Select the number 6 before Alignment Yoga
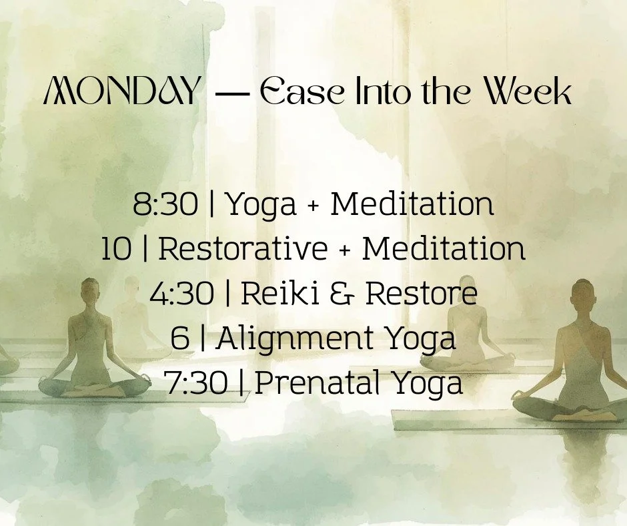click(x=179, y=338)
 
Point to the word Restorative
click(x=243, y=249)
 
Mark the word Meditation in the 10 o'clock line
click(x=443, y=249)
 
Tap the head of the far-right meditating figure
click(x=582, y=294)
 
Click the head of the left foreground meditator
click(x=91, y=292)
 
